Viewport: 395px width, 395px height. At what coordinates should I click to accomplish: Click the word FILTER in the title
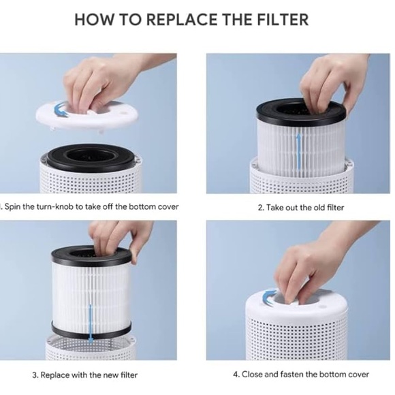282,18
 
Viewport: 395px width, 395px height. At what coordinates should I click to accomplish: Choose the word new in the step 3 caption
108,375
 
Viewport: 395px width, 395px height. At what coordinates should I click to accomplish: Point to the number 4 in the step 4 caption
236,374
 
